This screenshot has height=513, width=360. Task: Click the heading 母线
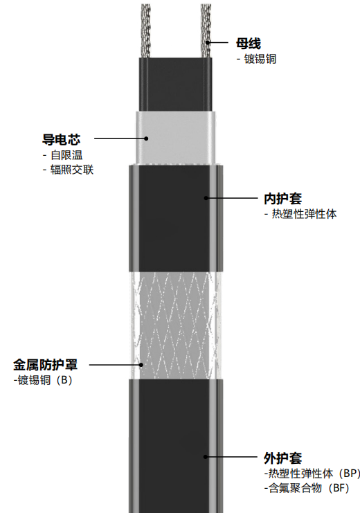249,44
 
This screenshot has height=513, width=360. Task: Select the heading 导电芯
61,140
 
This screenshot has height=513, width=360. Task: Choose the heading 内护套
282,199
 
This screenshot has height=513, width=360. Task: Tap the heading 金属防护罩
45,365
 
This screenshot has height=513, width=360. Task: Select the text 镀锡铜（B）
43,380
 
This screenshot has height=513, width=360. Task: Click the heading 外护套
282,458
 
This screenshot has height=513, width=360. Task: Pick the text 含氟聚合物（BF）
307,488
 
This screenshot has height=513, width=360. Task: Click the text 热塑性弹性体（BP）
312,474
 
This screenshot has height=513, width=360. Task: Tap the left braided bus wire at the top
146,30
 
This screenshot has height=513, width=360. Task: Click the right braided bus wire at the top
206,30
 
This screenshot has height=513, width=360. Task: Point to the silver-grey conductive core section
176,137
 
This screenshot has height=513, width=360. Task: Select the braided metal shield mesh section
175,325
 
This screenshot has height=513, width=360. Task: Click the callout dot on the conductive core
146,138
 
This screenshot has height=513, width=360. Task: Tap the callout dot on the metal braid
141,365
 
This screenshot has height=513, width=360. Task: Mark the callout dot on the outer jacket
206,457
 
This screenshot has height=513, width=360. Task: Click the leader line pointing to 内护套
232,198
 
